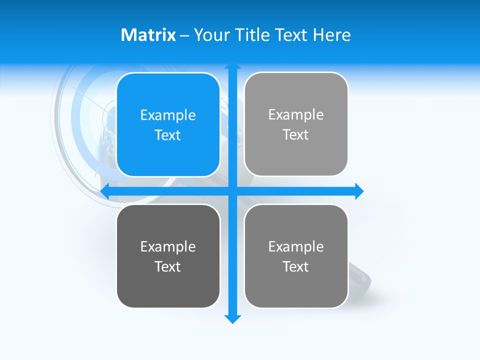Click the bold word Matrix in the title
tap(148, 35)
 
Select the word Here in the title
tap(331, 35)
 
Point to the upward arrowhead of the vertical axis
tap(232, 65)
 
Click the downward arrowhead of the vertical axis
tap(232, 319)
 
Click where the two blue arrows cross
tap(232, 191)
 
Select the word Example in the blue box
tap(168, 115)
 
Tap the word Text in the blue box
tap(168, 135)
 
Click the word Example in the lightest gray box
tap(296, 115)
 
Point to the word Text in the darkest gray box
tap(168, 266)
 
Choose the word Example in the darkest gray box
tap(168, 247)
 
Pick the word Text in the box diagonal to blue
tap(296, 266)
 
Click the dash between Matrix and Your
tap(185, 35)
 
